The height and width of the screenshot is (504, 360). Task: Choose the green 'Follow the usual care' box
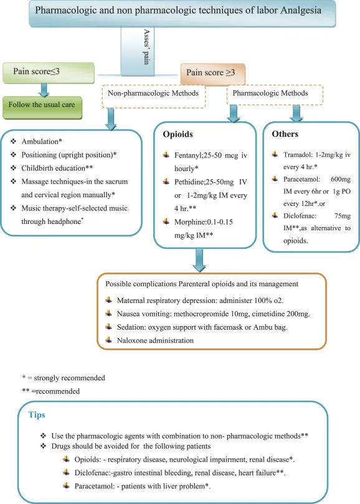click(x=43, y=105)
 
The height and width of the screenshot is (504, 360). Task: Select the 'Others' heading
click(x=285, y=134)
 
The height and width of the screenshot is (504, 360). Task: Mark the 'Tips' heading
click(x=37, y=414)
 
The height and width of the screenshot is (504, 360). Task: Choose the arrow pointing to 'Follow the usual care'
click(x=43, y=88)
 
